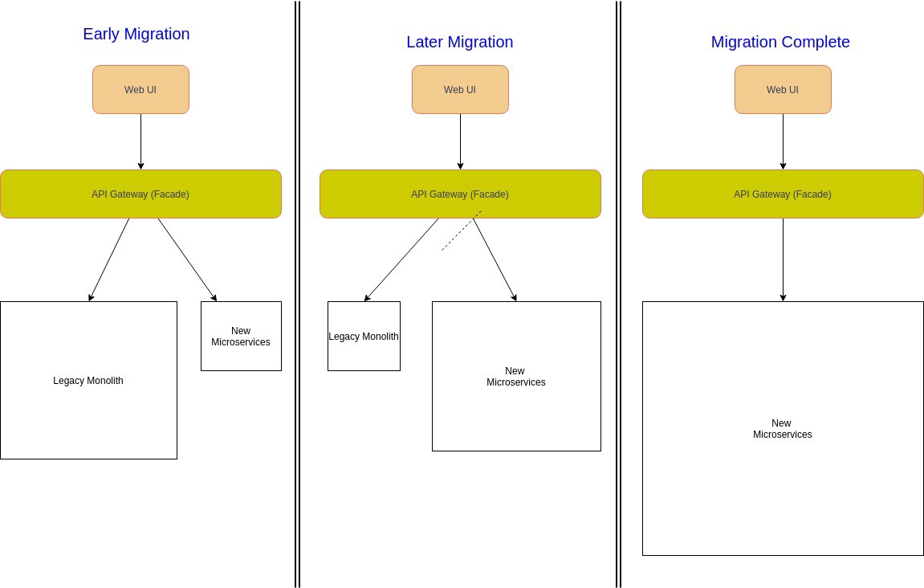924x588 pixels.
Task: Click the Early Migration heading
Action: point(136,34)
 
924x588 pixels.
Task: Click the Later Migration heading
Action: point(459,42)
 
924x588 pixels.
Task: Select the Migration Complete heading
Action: point(780,42)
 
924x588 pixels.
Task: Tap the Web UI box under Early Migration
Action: point(140,90)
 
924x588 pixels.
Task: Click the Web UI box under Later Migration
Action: point(460,90)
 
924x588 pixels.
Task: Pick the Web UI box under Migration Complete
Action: point(783,90)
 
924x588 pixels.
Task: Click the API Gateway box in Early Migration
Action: point(140,194)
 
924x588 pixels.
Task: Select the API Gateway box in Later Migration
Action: point(460,194)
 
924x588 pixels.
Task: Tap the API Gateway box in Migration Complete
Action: point(783,194)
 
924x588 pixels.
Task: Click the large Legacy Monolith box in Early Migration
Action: point(88,380)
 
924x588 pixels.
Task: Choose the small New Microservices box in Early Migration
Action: point(241,337)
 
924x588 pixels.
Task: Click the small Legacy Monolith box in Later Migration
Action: point(364,337)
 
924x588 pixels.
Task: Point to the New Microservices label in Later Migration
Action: point(515,377)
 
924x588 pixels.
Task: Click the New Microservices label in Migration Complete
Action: point(782,429)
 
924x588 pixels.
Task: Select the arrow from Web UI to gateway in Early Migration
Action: point(140,141)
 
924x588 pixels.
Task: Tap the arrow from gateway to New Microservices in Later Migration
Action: point(494,259)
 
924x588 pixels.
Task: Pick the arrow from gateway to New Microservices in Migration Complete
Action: point(783,259)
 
